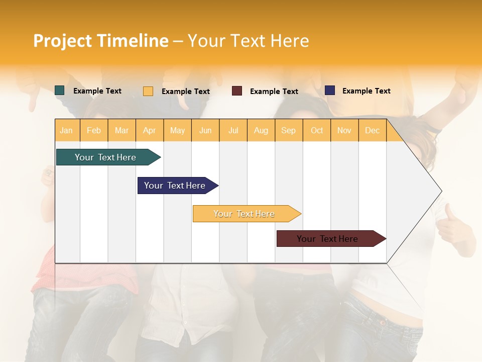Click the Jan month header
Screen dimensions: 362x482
click(x=66, y=130)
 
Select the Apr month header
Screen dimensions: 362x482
click(x=149, y=130)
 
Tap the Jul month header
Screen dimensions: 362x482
click(x=233, y=130)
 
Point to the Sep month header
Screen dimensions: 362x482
click(x=288, y=130)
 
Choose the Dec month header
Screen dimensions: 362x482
click(x=372, y=130)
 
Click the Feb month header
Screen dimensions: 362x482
click(x=94, y=130)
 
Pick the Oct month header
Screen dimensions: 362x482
click(x=317, y=130)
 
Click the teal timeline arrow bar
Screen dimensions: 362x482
click(x=105, y=157)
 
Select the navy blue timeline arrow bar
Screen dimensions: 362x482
click(x=175, y=186)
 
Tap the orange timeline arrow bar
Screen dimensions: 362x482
click(x=244, y=214)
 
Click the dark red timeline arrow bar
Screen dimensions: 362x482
click(x=327, y=239)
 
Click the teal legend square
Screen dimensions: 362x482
click(x=60, y=90)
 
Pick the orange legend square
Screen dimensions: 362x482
click(x=148, y=91)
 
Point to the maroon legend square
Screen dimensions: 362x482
click(x=237, y=91)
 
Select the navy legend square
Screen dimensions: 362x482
click(x=330, y=90)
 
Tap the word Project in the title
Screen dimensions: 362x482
click(x=63, y=41)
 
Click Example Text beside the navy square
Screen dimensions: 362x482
click(x=366, y=90)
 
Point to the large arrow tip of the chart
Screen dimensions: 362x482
click(x=438, y=191)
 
